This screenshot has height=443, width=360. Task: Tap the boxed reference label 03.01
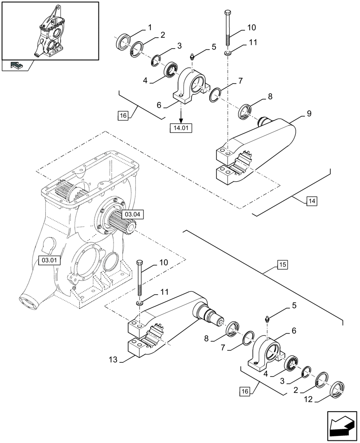click(x=48, y=260)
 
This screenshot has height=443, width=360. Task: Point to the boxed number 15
click(x=283, y=265)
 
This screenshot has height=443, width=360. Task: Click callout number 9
click(x=309, y=114)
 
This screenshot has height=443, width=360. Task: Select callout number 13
click(x=113, y=360)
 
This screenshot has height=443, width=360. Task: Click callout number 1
click(x=149, y=27)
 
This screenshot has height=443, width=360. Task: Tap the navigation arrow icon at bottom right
click(x=341, y=426)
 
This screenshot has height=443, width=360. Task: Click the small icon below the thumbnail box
click(x=16, y=66)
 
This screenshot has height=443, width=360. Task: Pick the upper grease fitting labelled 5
click(x=192, y=57)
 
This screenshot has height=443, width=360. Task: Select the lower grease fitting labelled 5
click(x=267, y=319)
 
